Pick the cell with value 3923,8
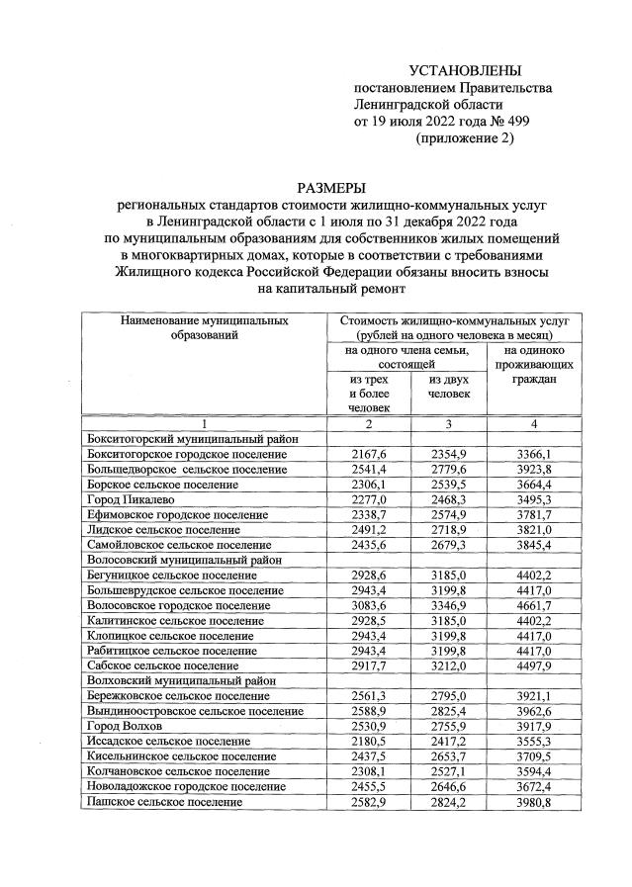534,470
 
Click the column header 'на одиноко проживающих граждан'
534,364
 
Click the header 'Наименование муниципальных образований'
205,328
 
